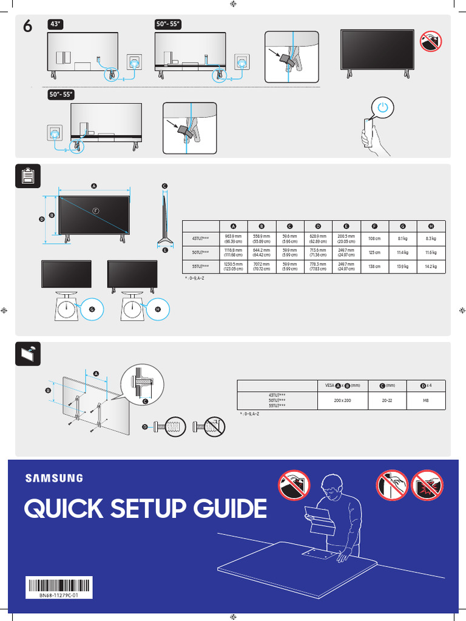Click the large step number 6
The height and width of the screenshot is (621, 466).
coord(28,28)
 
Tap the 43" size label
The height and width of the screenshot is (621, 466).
coord(56,24)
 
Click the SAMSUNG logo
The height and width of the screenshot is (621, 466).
coord(54,478)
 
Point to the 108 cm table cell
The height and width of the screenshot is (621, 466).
coord(374,239)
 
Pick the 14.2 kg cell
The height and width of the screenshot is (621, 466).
coord(431,267)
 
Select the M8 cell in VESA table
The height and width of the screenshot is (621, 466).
coord(425,401)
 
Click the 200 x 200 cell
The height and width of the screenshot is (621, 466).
coord(343,401)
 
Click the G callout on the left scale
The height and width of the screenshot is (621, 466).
coord(92,309)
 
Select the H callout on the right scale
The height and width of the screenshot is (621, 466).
coord(158,309)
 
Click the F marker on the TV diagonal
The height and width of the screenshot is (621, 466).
coord(95,210)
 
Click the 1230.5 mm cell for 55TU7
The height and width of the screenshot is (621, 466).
coord(234,267)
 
